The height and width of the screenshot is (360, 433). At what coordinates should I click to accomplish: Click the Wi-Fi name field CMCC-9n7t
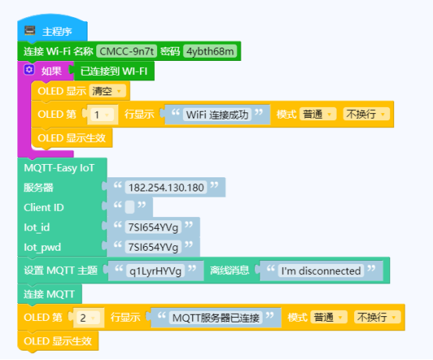(127, 52)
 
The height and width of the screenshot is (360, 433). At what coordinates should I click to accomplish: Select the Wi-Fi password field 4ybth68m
(210, 52)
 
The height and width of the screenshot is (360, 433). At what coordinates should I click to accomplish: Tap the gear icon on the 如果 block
(29, 70)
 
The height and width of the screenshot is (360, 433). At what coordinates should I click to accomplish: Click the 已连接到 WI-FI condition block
(113, 71)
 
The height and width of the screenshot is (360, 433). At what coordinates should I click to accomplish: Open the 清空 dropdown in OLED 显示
(107, 91)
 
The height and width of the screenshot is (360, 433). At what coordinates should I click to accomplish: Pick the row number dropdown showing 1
(102, 115)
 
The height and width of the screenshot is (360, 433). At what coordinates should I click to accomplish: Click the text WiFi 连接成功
(217, 115)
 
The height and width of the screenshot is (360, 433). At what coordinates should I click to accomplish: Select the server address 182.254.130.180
(166, 187)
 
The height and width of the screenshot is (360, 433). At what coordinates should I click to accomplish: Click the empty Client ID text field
(130, 207)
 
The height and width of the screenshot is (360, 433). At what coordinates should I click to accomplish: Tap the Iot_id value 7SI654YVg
(153, 227)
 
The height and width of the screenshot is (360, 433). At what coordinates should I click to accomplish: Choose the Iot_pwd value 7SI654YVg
(153, 247)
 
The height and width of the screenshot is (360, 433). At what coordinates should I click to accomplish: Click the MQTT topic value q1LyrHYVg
(156, 271)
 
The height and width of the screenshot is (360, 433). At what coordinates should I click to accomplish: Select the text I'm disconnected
(321, 271)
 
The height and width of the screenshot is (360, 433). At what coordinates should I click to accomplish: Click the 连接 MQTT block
(49, 294)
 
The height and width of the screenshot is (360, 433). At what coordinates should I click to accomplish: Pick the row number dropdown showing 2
(88, 318)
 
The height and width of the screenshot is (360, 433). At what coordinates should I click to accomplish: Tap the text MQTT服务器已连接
(216, 318)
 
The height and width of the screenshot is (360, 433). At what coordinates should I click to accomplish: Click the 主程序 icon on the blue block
(30, 30)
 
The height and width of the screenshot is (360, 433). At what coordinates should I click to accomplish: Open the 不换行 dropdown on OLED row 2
(377, 317)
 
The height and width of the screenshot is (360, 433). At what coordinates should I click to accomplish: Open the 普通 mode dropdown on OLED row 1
(318, 114)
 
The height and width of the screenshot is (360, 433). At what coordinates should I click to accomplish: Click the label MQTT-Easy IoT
(59, 168)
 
